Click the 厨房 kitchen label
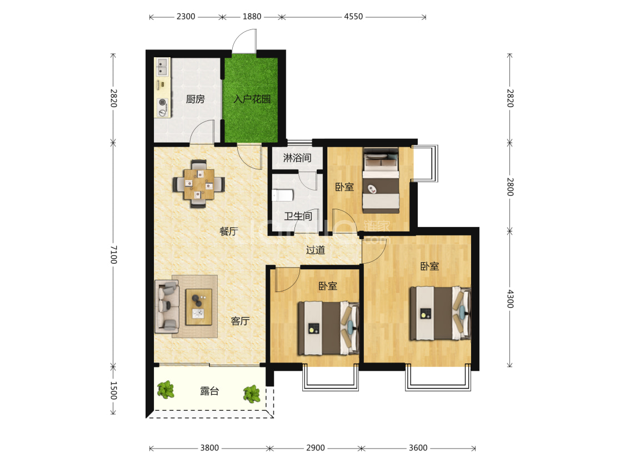196,99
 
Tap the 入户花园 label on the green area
252,99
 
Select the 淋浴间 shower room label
297,158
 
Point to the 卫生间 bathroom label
298,217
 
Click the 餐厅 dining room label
229,232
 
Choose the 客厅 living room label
241,321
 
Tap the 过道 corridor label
316,250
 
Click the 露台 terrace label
209,391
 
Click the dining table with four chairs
198,184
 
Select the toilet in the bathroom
283,195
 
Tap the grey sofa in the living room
167,306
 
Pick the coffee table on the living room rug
199,307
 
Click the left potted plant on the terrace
166,390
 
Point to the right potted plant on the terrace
252,394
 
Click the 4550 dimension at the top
353,17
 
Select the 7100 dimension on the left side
113,254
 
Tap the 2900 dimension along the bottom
316,448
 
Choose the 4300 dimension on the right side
510,299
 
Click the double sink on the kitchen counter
162,67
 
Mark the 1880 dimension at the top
252,17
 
